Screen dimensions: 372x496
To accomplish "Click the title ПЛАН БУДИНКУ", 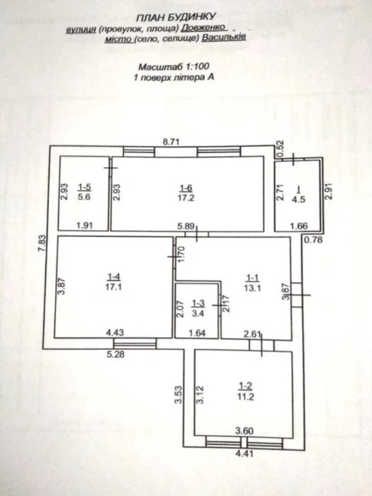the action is (x=175, y=17).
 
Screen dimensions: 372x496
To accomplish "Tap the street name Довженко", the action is (x=204, y=27).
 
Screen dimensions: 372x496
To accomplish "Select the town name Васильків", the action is (x=224, y=37).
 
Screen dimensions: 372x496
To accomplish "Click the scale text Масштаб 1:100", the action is (x=174, y=66).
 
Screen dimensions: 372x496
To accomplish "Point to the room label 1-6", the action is (x=185, y=188).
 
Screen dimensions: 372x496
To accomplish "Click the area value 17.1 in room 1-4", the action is (x=113, y=287).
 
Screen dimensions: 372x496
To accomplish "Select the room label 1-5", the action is (x=84, y=187).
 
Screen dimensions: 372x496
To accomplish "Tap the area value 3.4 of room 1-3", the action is (x=198, y=314).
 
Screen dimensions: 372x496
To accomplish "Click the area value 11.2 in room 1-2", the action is (x=246, y=397).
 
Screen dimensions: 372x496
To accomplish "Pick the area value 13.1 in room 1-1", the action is (x=252, y=288).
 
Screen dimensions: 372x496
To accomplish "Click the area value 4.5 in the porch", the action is (x=298, y=200).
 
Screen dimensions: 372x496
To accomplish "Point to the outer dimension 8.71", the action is (x=171, y=141).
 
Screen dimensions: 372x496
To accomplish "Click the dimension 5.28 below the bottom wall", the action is (x=115, y=354).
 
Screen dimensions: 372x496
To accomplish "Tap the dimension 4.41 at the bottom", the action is (x=244, y=454).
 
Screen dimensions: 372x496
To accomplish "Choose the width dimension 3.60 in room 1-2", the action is (x=244, y=430).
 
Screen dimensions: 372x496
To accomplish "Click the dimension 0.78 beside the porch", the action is (x=314, y=240).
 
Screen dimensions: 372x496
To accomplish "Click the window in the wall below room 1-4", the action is (x=135, y=344).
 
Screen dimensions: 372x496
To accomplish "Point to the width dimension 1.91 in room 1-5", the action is (x=85, y=226).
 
